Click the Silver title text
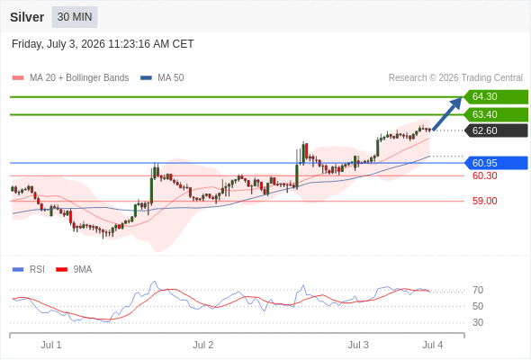pos(27,17)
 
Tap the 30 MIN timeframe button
pos(75,17)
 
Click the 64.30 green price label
pos(496,97)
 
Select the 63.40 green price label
pos(496,114)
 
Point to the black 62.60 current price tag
pos(496,130)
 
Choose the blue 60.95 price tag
pos(496,163)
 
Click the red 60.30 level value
pos(484,175)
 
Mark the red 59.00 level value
pos(484,201)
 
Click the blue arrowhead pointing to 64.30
pos(456,103)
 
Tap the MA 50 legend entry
pos(162,78)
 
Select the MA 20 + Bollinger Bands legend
pos(70,78)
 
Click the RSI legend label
pos(29,270)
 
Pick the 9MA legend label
pos(74,270)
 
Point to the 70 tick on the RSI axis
pos(478,290)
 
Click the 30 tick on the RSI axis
pos(478,322)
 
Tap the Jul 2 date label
pos(203,345)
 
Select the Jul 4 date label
pos(433,345)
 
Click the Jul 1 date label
pos(51,345)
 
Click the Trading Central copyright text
pos(455,78)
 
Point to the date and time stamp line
pos(103,44)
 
